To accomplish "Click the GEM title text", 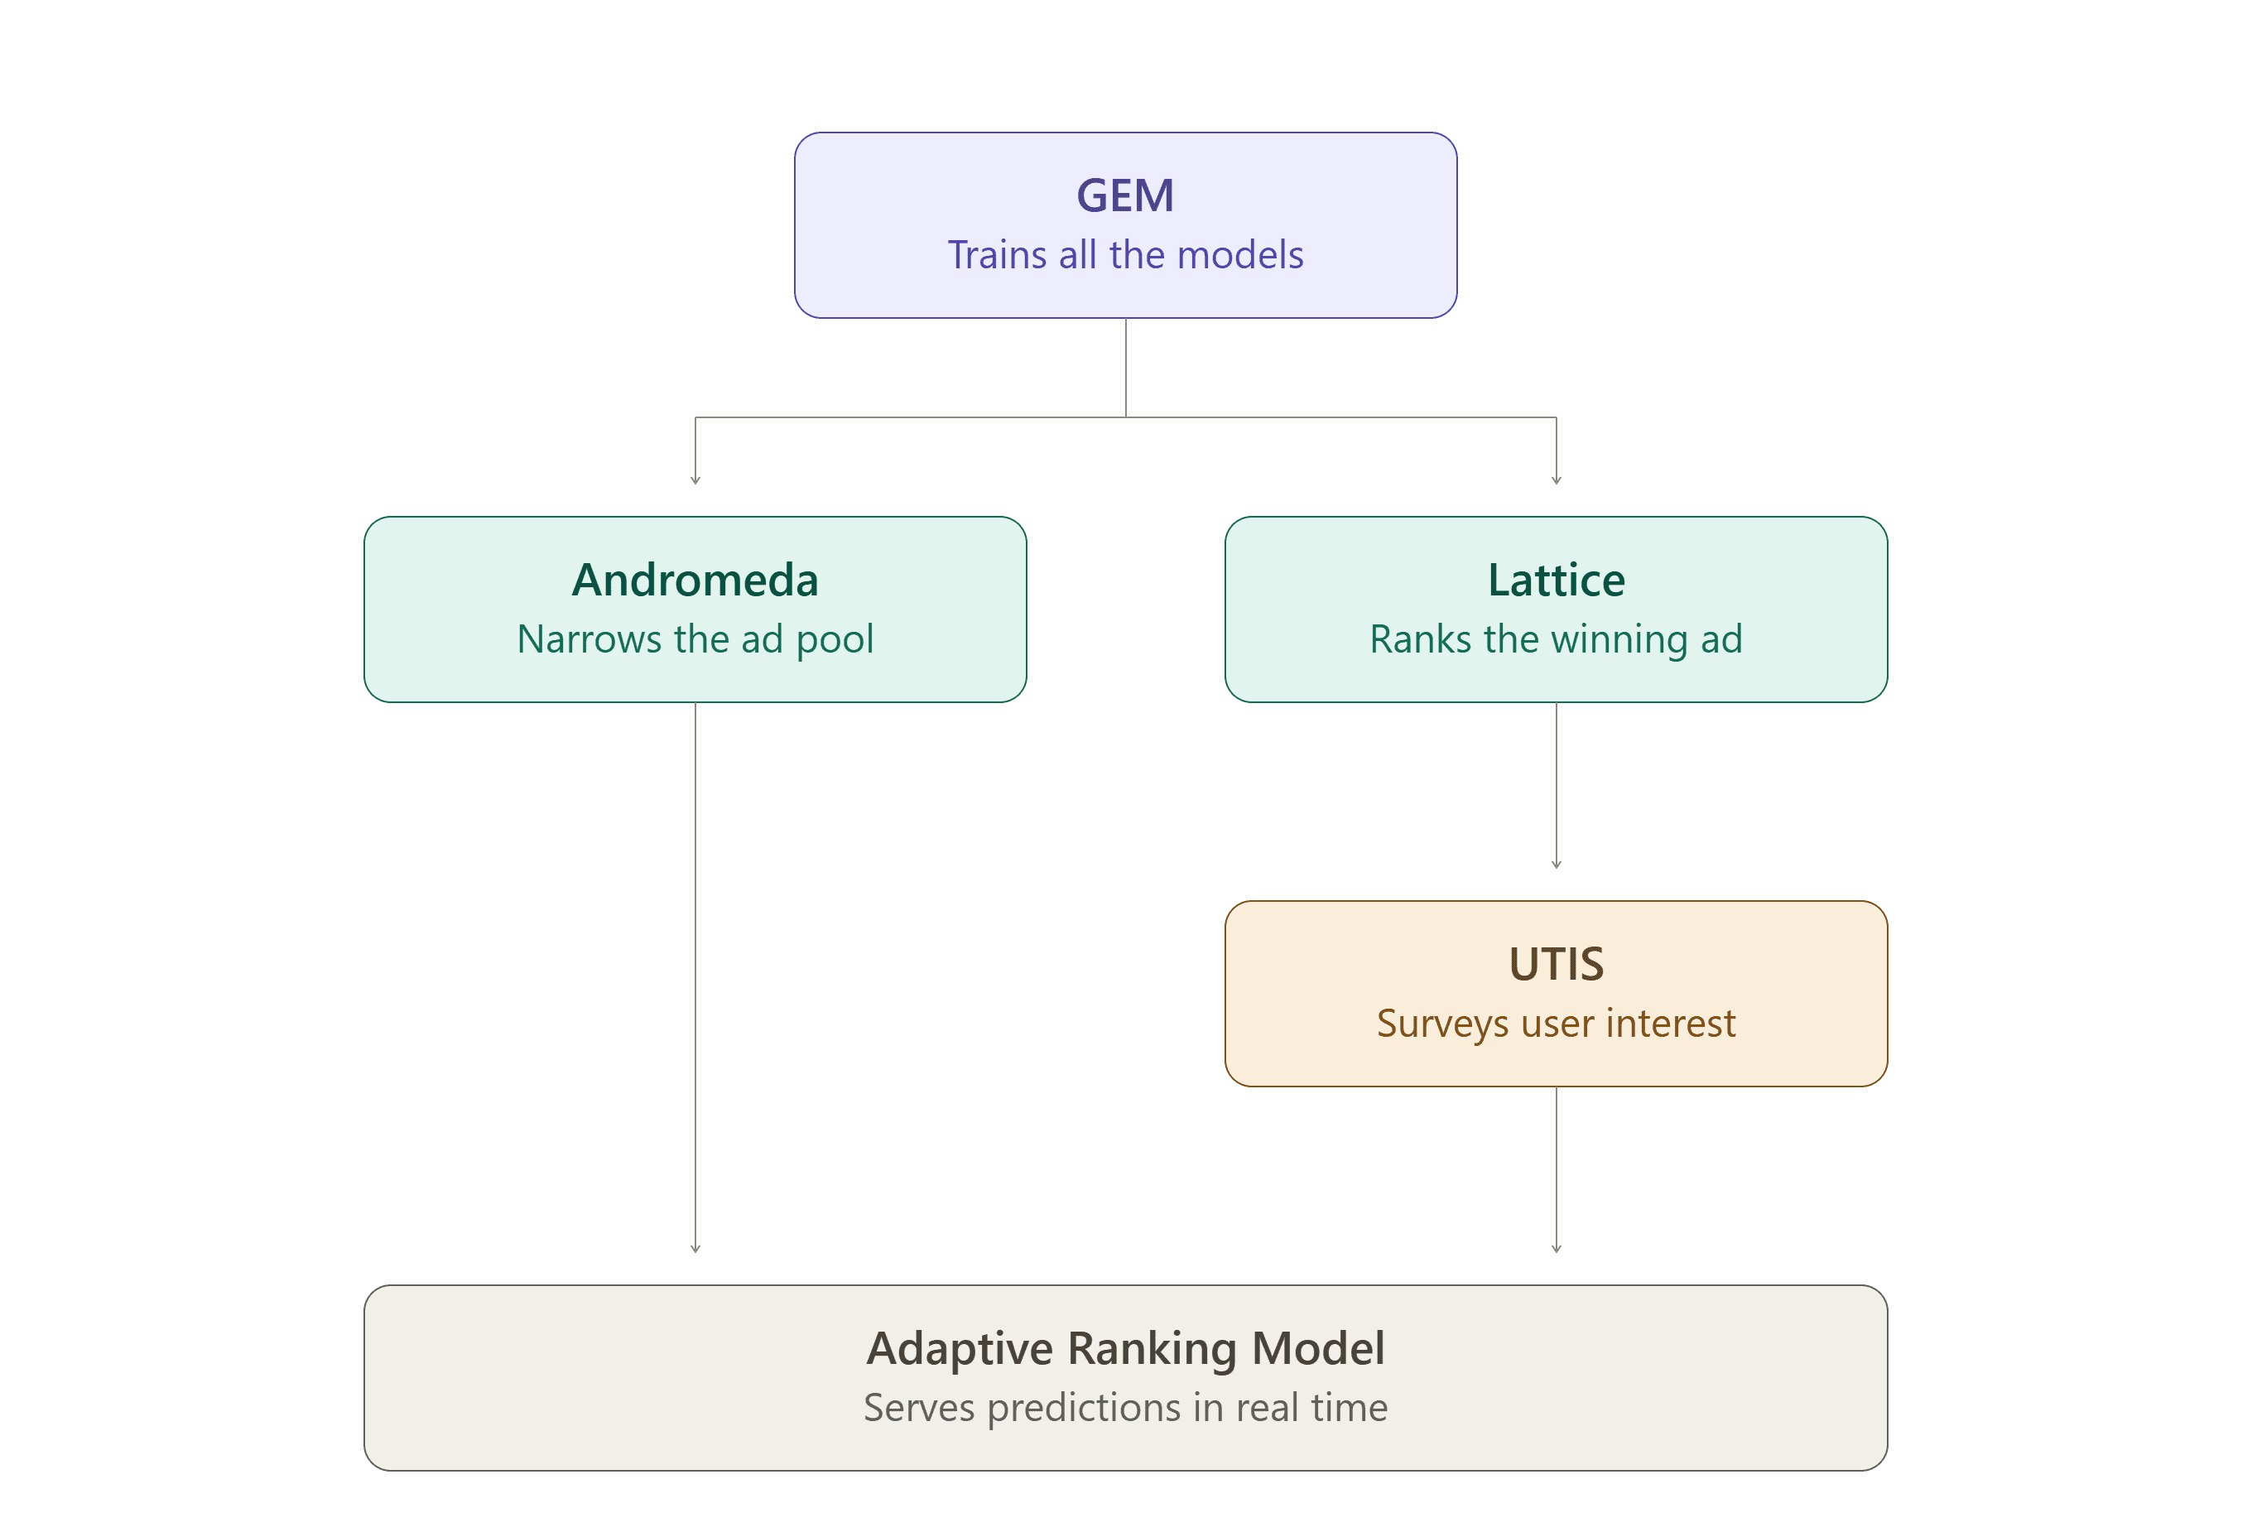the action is (1125, 195).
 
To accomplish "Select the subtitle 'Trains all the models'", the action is (1125, 255).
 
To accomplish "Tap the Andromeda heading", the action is (695, 580).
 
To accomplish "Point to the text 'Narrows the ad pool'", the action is (695, 639).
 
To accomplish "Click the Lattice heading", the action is (1557, 580).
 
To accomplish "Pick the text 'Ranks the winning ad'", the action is (1557, 639).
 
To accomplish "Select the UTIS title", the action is (1557, 964).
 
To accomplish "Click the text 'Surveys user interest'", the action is (1557, 1024).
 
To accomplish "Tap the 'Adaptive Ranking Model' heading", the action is (1125, 1349).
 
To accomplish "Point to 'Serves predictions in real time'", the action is (1125, 1408).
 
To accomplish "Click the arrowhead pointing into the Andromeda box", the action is (695, 479).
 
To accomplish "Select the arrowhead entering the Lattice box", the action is (1557, 479).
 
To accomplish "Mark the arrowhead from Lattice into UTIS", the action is (1557, 865).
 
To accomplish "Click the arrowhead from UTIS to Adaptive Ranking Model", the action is (1557, 1249).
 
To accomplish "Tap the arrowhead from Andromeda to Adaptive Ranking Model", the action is (695, 1249).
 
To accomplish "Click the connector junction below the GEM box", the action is (1125, 417).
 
